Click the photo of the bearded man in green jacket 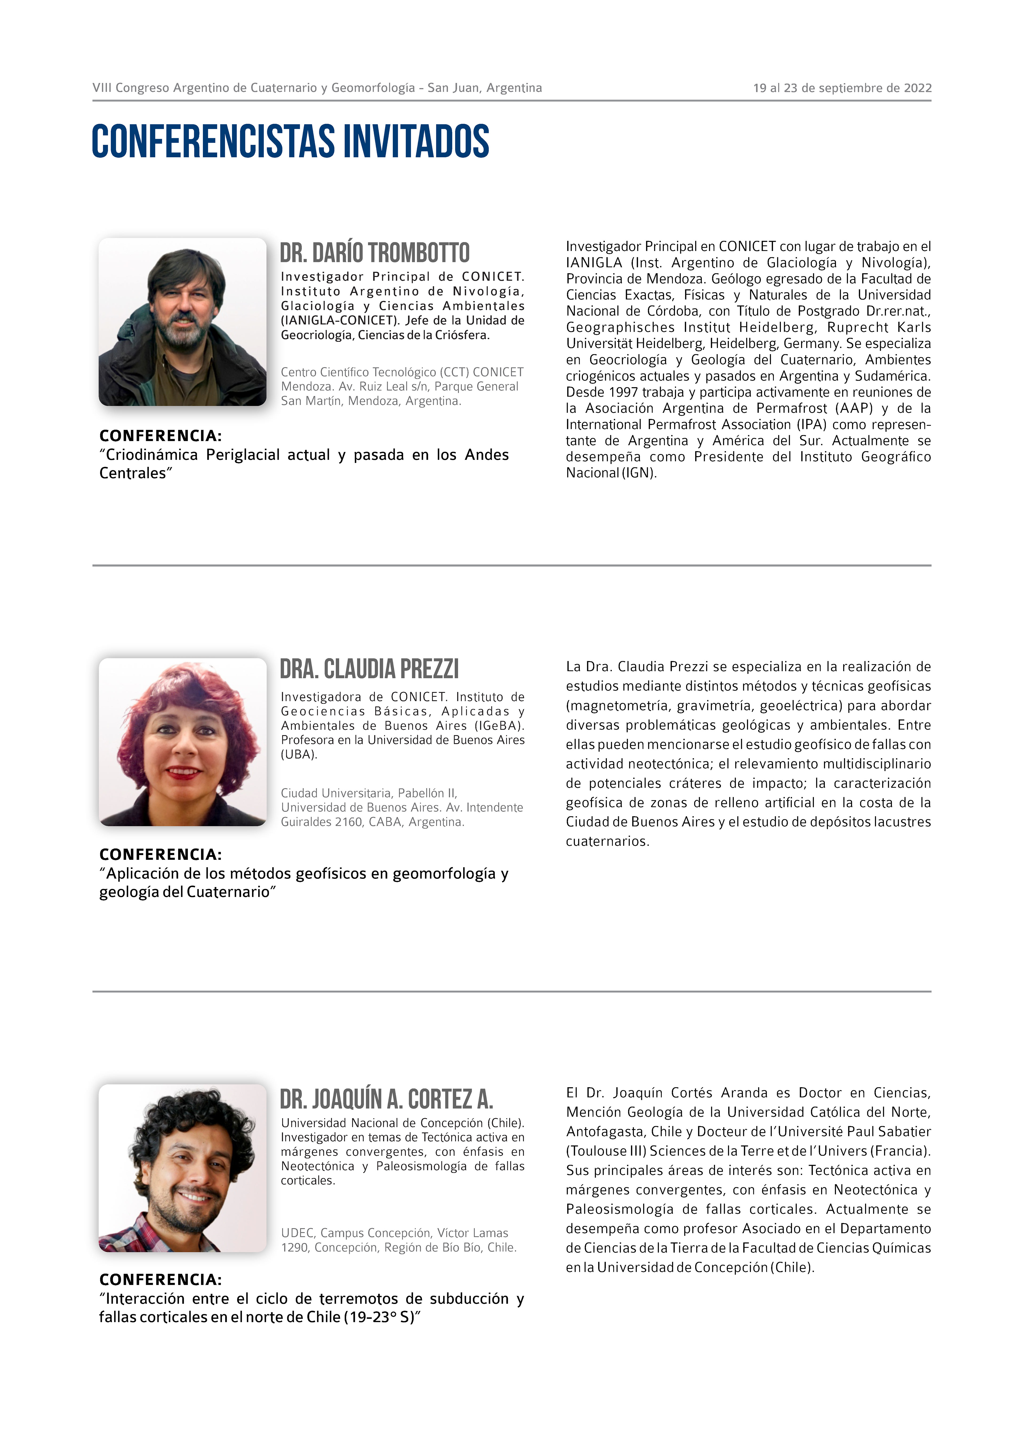point(182,322)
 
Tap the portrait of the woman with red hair point(182,742)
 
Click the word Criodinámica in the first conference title point(151,455)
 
